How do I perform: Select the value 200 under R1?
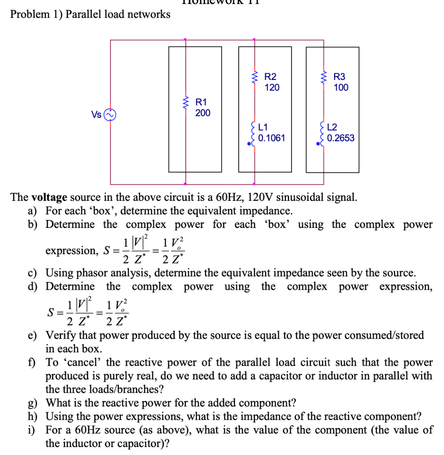pos(203,113)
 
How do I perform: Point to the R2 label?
pos(270,77)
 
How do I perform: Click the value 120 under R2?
pos(272,88)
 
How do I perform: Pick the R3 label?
pos(339,77)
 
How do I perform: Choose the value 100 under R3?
pos(341,88)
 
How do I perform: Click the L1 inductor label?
pos(264,128)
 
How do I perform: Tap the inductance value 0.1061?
pos(271,138)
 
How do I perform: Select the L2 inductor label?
pos(333,128)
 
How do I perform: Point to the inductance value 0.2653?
pos(341,138)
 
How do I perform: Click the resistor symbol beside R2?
pos(254,79)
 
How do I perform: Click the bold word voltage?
pos(49,197)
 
